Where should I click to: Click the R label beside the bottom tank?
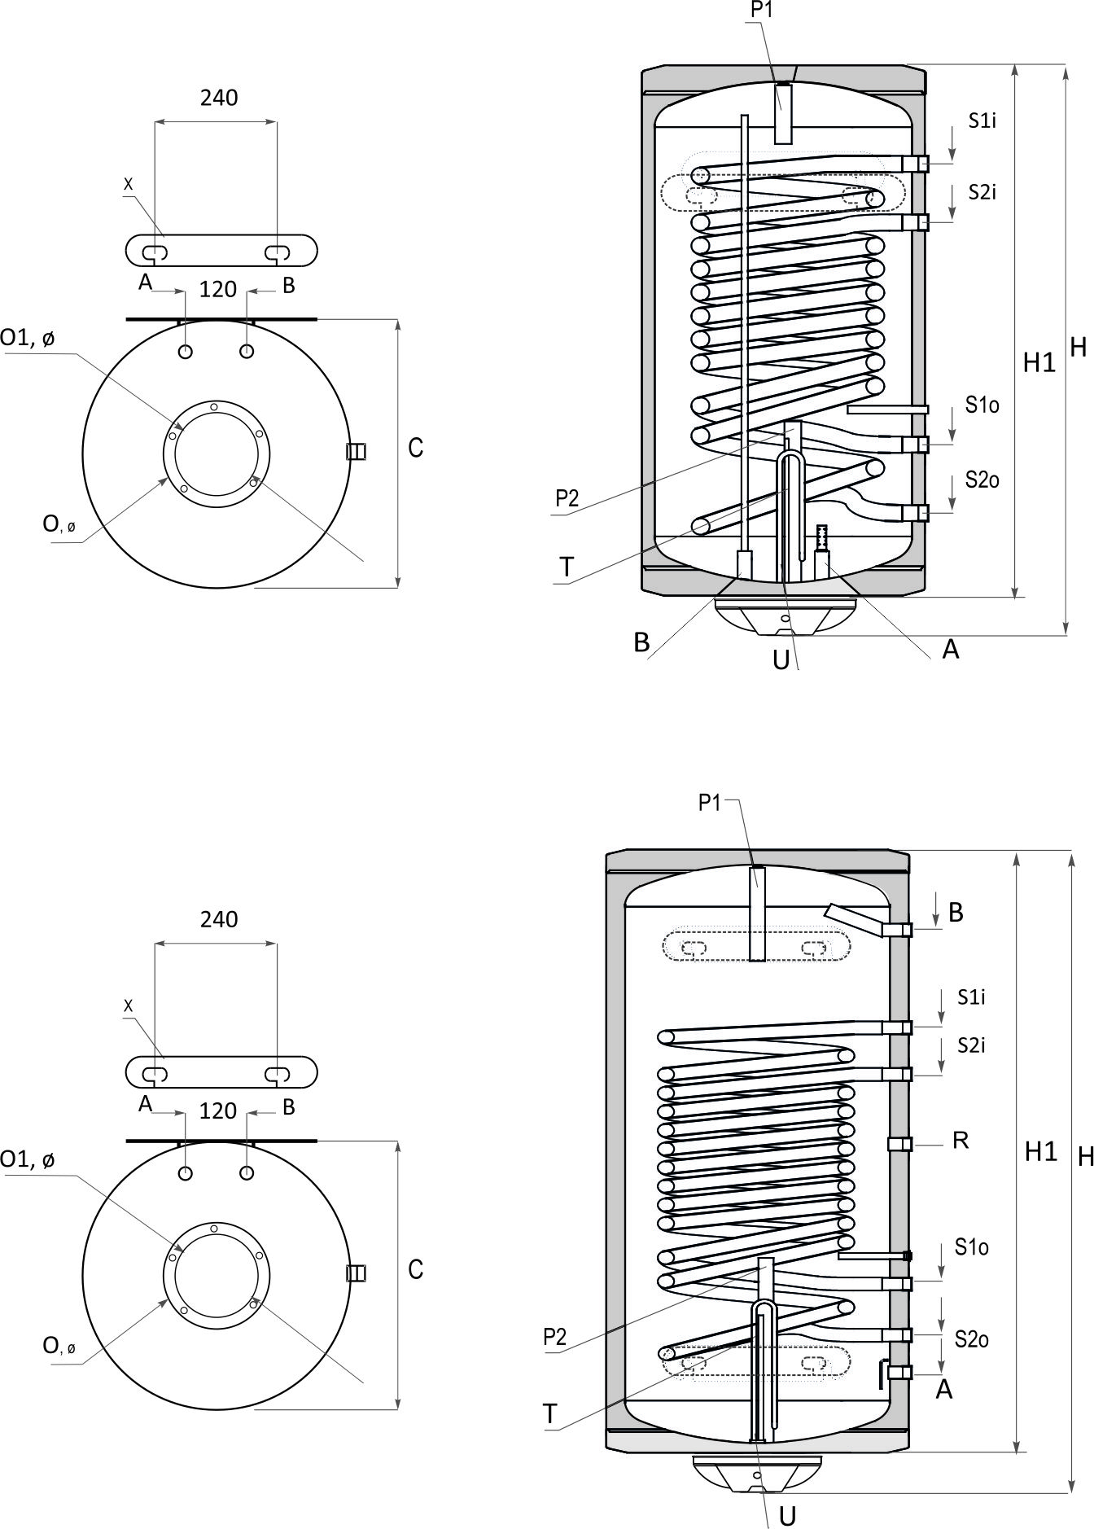[961, 1141]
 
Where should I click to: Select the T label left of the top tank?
[567, 567]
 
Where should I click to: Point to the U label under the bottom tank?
[787, 1515]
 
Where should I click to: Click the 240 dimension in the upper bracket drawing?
[219, 98]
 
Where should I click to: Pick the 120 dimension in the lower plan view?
[218, 1111]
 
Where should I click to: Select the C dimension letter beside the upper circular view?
[415, 448]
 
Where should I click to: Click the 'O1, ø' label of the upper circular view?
[28, 338]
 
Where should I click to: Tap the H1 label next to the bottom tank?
[1040, 1151]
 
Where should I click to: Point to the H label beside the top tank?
[1078, 348]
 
